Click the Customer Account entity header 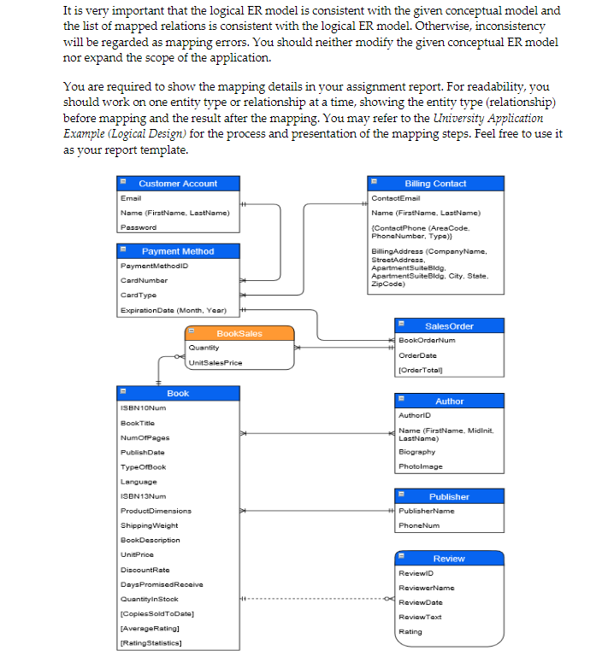[178, 184]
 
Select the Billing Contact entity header [435, 184]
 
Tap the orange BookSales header [239, 333]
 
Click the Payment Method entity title [178, 251]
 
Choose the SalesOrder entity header [449, 326]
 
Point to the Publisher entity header [449, 496]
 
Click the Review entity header [449, 559]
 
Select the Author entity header [449, 401]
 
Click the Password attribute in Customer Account [139, 227]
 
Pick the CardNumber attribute [144, 280]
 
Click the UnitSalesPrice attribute [214, 363]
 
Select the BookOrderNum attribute [427, 340]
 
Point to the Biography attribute [416, 452]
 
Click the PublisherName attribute [427, 511]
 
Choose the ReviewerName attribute [426, 588]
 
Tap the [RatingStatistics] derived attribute [150, 642]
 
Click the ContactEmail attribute [396, 197]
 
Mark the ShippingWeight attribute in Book [149, 525]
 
